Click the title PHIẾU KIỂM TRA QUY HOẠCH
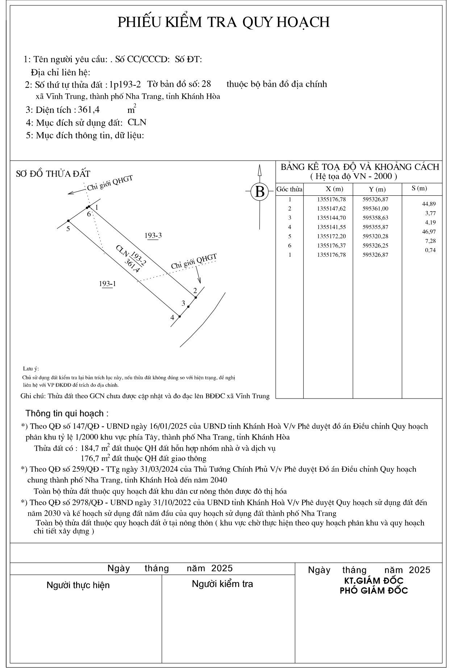[x=224, y=22]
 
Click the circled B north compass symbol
[x=259, y=191]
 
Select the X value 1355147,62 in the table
[x=331, y=209]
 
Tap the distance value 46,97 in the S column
[x=430, y=232]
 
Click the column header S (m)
[x=419, y=188]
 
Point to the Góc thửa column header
[x=289, y=189]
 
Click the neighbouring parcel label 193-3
[x=153, y=236]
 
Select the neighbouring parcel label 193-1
[x=108, y=284]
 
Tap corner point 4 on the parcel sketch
[x=180, y=316]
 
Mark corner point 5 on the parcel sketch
[x=68, y=221]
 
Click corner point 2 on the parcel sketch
[x=196, y=297]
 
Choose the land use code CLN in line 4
[x=137, y=122]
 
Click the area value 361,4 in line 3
[x=89, y=110]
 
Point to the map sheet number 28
[x=206, y=84]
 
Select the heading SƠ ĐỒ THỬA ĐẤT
[x=53, y=174]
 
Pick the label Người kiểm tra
[x=222, y=584]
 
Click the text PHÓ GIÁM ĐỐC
[x=373, y=591]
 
